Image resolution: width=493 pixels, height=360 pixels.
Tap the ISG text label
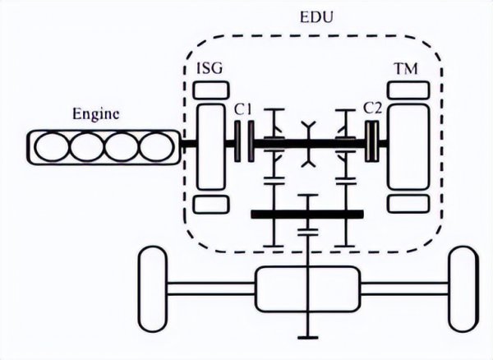tap(209, 70)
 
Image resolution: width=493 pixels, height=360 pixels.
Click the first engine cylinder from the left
tap(52, 147)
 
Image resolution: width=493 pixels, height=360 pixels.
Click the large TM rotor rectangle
tap(408, 145)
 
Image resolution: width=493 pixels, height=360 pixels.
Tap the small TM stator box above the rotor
tap(408, 89)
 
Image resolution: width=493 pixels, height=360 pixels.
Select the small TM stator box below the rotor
tap(408, 203)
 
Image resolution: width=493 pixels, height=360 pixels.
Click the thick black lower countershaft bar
tap(306, 215)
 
